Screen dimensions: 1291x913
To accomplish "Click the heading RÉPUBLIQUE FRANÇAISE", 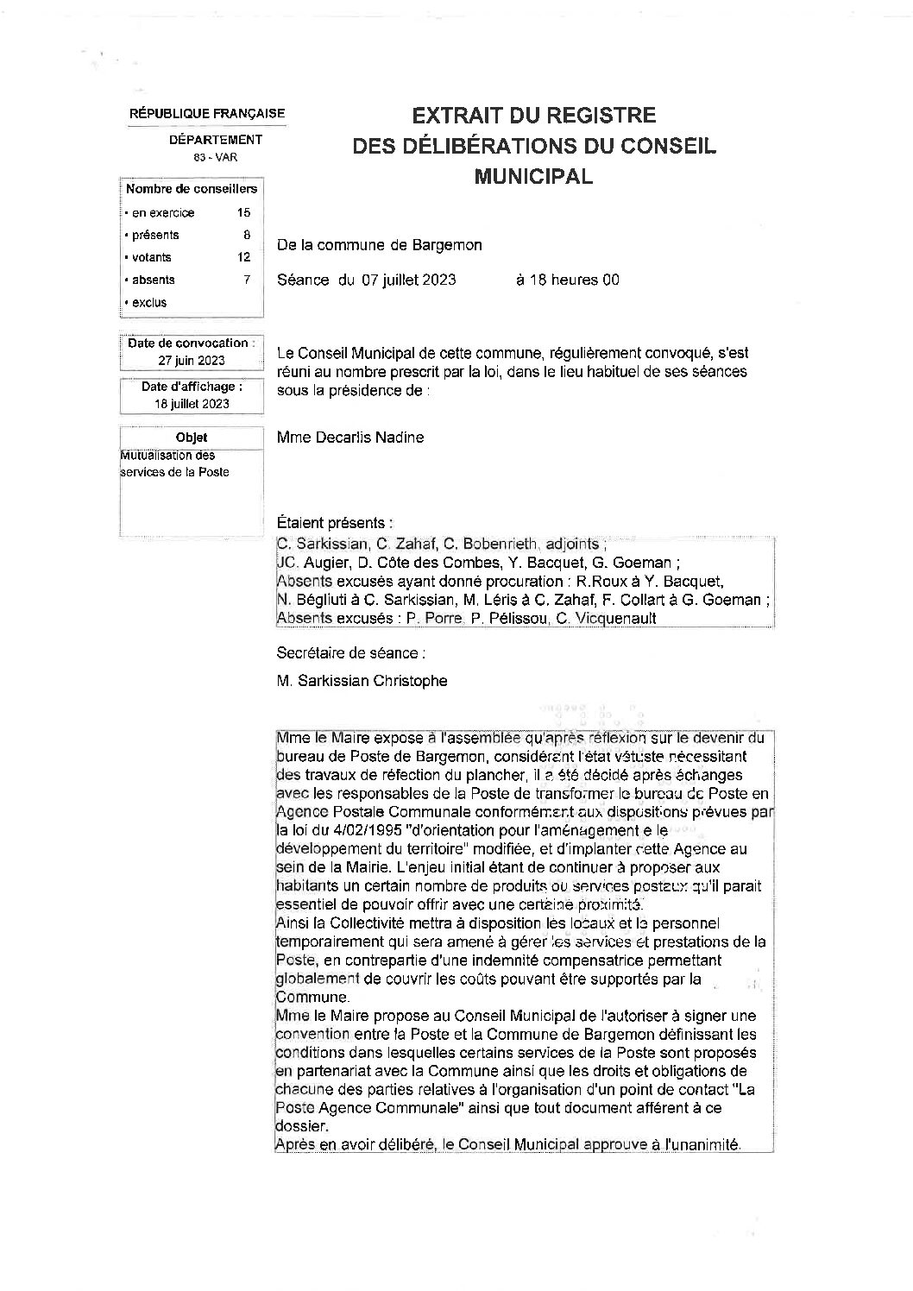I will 207,114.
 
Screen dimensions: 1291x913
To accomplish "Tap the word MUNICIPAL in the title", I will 534,177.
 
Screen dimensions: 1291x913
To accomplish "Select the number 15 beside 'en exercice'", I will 243,212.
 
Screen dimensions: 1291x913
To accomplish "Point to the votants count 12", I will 243,257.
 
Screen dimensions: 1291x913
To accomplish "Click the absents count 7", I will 246,280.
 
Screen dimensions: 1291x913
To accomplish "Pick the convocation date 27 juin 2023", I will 192,361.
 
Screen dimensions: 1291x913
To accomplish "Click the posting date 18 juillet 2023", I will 192,404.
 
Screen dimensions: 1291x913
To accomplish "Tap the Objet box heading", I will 192,438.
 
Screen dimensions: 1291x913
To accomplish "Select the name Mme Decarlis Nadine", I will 350,438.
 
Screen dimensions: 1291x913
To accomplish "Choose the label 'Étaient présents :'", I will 335,523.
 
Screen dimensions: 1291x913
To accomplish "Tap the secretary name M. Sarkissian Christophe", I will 362,681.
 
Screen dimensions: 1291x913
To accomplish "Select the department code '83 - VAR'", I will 215,157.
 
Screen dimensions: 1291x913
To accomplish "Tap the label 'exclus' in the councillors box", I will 149,302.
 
